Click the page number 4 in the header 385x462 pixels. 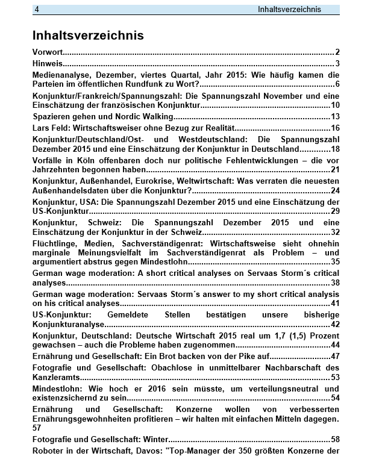[37, 9]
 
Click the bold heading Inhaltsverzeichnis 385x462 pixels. [88, 35]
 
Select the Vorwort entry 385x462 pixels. [48, 52]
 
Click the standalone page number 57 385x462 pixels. [37, 427]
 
